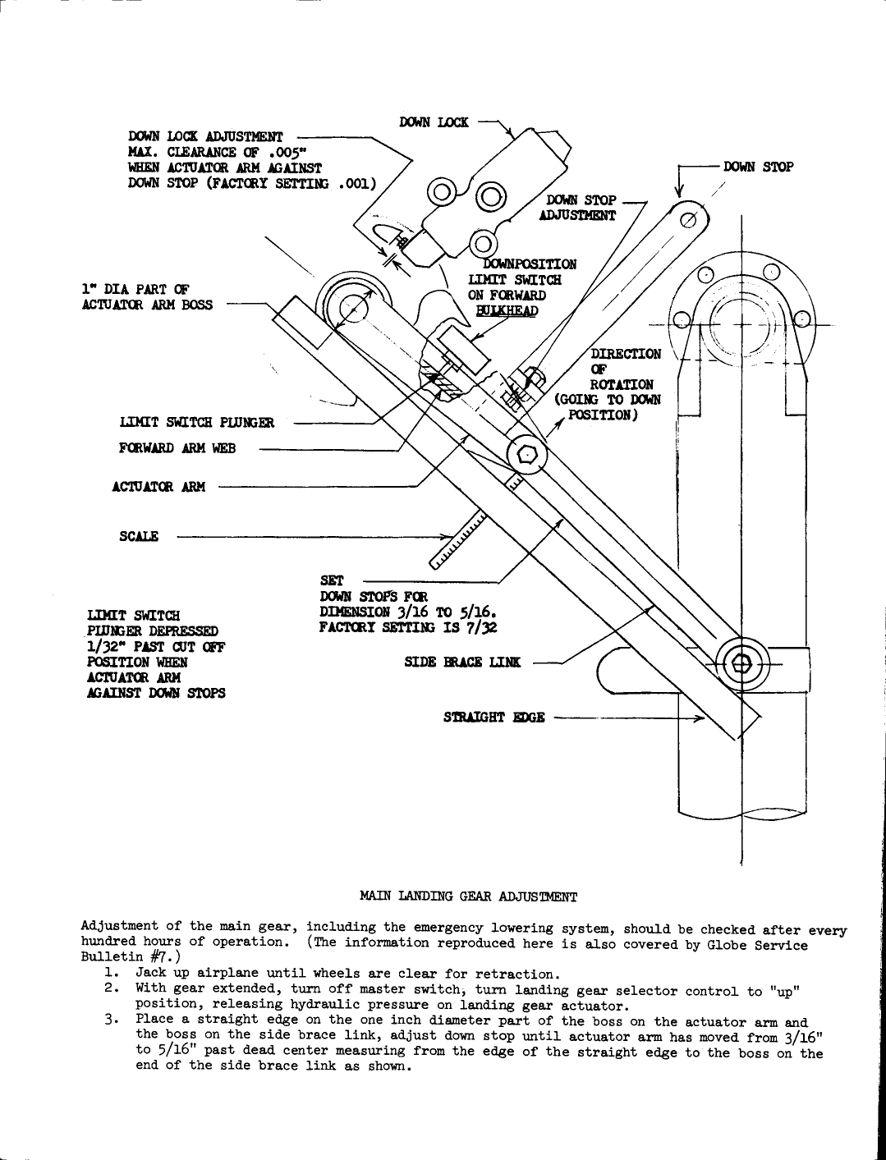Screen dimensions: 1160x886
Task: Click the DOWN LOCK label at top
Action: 434,122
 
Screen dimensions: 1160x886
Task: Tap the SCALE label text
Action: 138,536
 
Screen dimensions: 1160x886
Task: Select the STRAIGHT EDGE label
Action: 493,717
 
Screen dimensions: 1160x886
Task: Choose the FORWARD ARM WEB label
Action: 177,448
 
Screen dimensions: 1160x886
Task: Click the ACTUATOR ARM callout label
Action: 158,486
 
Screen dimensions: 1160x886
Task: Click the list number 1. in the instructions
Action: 112,974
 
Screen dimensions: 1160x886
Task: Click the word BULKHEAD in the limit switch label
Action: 507,310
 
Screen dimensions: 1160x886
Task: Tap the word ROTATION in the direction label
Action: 622,384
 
